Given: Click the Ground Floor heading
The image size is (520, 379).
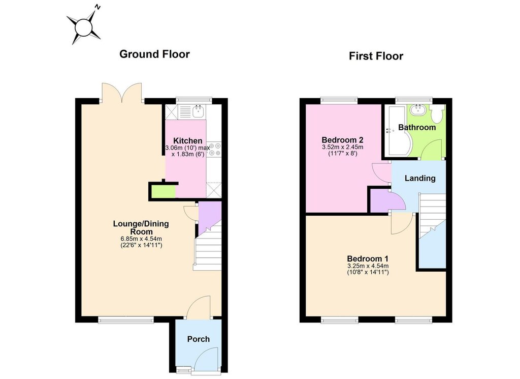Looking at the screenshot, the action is coord(154,54).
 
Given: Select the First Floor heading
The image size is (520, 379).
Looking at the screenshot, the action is coord(376,56).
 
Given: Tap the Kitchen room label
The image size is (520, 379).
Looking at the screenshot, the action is coord(188,141).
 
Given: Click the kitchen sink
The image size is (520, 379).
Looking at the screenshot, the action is coord(198,111).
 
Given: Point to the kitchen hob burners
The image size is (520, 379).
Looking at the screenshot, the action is coord(214,149).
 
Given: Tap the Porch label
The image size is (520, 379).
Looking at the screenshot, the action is coord(199,339).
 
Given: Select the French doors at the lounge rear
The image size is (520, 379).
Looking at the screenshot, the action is coord(122,93).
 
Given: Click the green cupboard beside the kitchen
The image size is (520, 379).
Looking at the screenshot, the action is coord(164,191).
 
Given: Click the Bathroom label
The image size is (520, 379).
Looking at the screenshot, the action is coord(417,127).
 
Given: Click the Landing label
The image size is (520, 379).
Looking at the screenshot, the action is coord(420,179).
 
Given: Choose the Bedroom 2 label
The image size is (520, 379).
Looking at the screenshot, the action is coord(343,140).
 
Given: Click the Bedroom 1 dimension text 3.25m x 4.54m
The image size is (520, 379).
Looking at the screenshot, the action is coord(368,266).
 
